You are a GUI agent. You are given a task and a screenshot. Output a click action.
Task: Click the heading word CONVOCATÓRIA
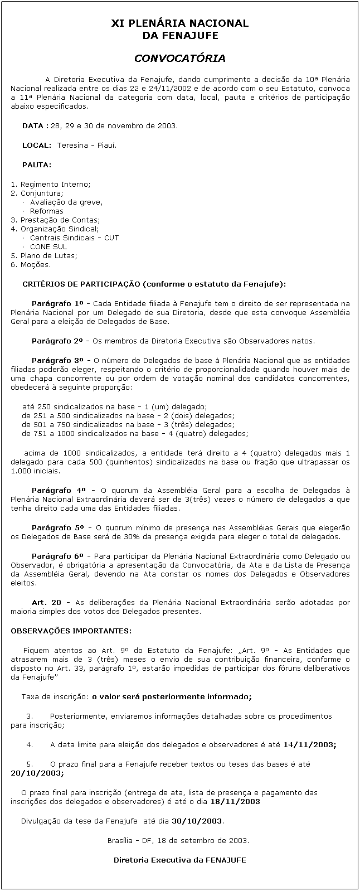click(179, 58)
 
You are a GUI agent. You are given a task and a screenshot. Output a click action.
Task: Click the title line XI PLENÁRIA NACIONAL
click(179, 23)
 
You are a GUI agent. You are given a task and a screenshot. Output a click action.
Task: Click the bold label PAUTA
click(37, 165)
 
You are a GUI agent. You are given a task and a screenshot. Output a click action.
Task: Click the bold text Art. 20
click(47, 602)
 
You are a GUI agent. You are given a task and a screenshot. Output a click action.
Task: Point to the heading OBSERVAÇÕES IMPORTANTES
click(71, 631)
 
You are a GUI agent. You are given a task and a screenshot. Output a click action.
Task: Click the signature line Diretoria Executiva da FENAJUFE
click(179, 860)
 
